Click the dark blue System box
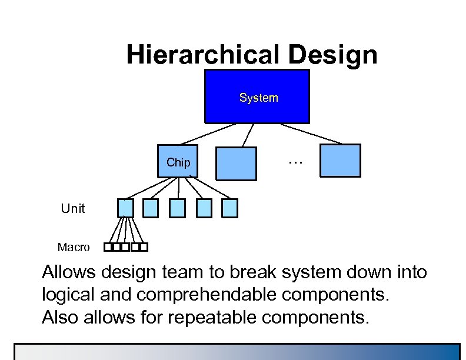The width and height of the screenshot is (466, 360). (257, 96)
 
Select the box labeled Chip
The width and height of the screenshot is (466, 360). (178, 161)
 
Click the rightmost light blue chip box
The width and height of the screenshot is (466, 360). (340, 161)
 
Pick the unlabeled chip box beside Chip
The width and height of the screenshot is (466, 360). (237, 163)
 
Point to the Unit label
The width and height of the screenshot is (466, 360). (73, 208)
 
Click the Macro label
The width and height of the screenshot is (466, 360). (74, 247)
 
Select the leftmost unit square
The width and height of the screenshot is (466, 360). (125, 208)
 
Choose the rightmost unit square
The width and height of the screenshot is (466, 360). (229, 208)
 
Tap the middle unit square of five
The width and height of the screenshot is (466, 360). (177, 208)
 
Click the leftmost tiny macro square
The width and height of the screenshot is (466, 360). (108, 247)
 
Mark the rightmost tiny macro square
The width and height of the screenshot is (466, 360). (144, 247)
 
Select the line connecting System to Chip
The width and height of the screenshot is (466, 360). (206, 134)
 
